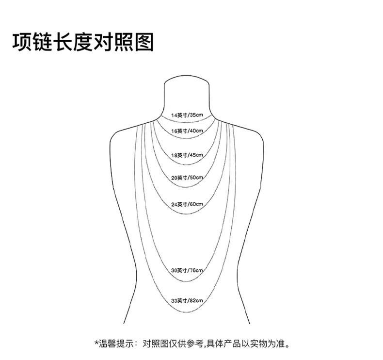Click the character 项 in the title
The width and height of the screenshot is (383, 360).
click(22, 43)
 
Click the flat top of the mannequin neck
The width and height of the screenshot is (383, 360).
click(188, 76)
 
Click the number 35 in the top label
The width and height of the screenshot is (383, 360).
click(194, 115)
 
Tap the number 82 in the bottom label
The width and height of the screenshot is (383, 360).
click(194, 301)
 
